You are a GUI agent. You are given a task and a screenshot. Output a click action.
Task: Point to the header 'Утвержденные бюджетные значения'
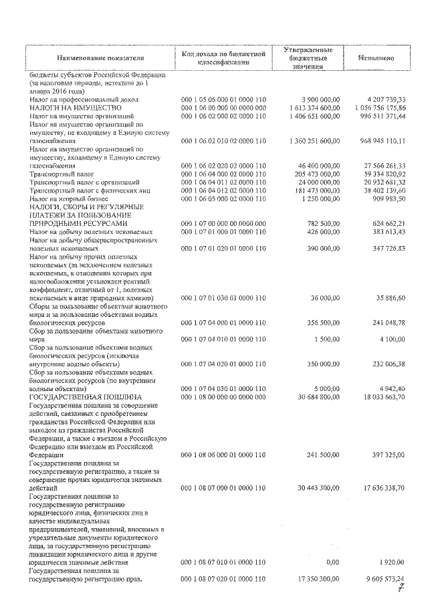pyautogui.click(x=308, y=58)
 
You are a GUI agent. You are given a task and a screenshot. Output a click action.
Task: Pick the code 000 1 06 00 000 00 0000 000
pyautogui.click(x=223, y=108)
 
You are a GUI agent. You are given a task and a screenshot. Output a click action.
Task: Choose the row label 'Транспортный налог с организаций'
pyautogui.click(x=84, y=182)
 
